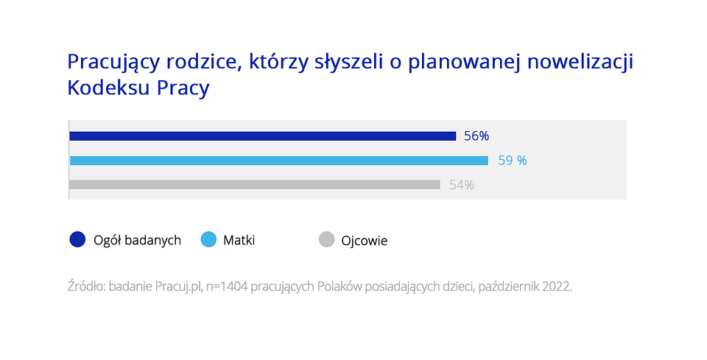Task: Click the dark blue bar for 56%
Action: pyautogui.click(x=262, y=136)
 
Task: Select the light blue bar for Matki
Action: pyautogui.click(x=278, y=160)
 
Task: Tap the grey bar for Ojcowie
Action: pyautogui.click(x=254, y=185)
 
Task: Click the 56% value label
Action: pyautogui.click(x=476, y=136)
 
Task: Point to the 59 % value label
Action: pyautogui.click(x=513, y=160)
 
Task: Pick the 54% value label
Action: pyautogui.click(x=462, y=186)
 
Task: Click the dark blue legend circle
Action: pyautogui.click(x=77, y=239)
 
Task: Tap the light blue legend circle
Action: pyautogui.click(x=208, y=239)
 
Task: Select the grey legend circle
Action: pyautogui.click(x=326, y=239)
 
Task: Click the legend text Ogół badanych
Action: pyautogui.click(x=137, y=240)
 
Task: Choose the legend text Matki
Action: pyautogui.click(x=239, y=240)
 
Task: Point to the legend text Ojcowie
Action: pyautogui.click(x=364, y=240)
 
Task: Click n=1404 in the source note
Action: pyautogui.click(x=225, y=286)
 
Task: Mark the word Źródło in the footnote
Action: pyautogui.click(x=85, y=286)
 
